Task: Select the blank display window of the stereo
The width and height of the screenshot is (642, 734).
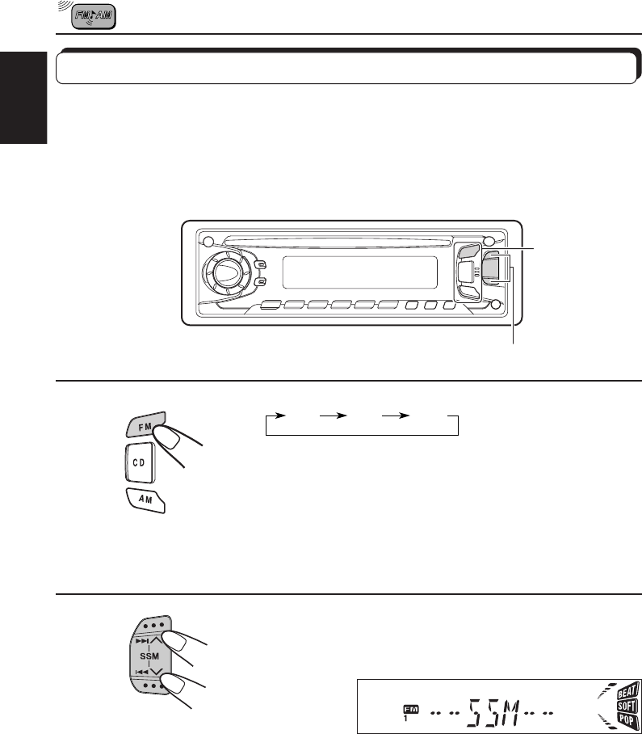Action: click(360, 272)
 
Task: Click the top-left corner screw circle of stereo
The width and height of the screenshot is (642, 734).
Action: click(209, 242)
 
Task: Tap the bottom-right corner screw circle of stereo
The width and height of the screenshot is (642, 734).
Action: click(496, 306)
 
